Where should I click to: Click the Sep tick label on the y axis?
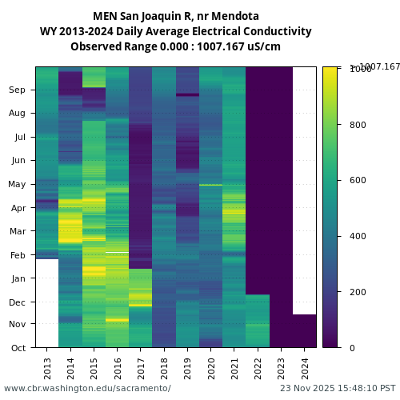pos(18,90)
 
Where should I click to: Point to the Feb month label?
pos(18,255)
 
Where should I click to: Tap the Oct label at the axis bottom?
pos(18,348)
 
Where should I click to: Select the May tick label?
pos(18,185)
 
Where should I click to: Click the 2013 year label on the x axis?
pos(47,368)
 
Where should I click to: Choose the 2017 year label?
pos(141,368)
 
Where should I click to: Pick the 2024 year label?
pos(305,368)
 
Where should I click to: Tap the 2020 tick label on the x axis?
pos(211,368)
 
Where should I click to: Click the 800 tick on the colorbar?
pos(358,125)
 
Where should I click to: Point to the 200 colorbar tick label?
pos(358,292)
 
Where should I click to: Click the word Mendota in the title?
pos(239,16)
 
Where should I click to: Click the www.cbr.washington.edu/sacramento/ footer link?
pos(87,388)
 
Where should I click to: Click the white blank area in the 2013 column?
pos(47,302)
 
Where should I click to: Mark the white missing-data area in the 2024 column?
pos(305,190)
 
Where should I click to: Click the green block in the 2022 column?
pos(258,320)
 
